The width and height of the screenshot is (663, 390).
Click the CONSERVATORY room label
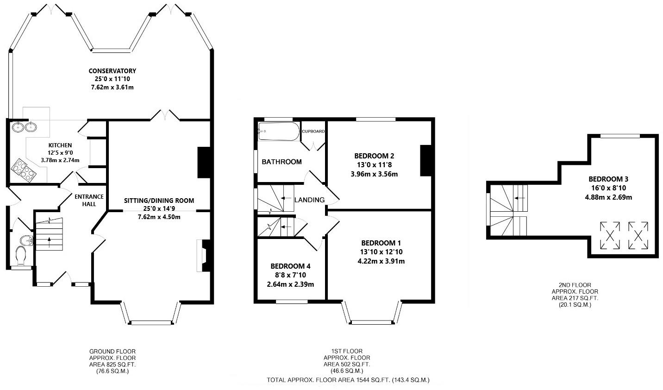point(112,71)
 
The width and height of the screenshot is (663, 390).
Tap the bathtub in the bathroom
point(279,131)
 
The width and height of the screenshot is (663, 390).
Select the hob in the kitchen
point(24,170)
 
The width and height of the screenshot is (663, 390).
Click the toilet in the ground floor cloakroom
point(21,256)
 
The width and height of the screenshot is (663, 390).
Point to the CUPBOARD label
point(313,131)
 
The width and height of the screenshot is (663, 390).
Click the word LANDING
point(309,200)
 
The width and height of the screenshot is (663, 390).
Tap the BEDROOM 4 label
point(290,266)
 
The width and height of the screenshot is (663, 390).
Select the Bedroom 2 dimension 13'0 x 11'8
point(374,164)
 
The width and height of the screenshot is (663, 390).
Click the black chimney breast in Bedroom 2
point(425,161)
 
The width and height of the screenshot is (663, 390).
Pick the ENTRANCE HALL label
point(89,200)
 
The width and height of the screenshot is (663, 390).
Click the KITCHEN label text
point(60,145)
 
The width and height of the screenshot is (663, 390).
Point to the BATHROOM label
point(281,162)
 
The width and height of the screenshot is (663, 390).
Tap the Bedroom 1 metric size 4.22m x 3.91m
point(381,261)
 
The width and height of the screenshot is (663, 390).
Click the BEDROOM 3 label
point(608,179)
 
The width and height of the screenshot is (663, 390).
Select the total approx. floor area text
point(348,380)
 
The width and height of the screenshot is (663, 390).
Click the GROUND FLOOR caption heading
point(113,352)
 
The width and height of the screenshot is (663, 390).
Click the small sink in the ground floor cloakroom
point(27,240)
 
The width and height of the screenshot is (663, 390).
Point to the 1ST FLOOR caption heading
point(347,352)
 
